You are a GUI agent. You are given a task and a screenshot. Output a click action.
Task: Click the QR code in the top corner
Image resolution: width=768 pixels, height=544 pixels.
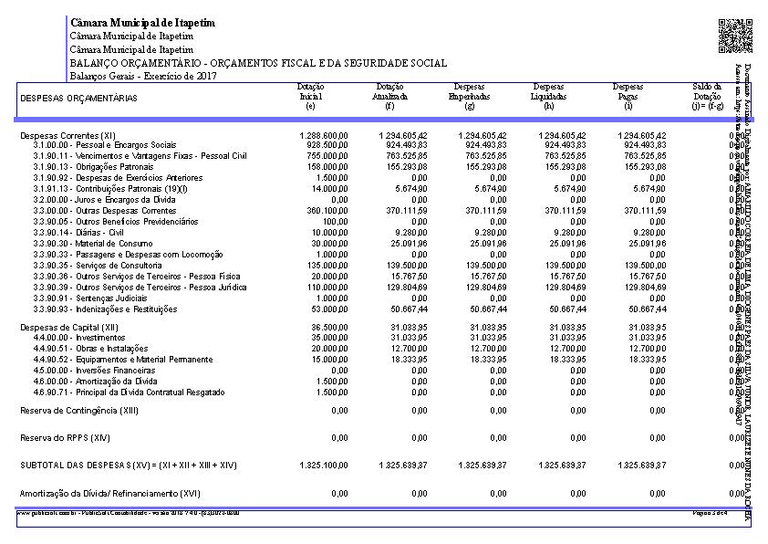(735, 36)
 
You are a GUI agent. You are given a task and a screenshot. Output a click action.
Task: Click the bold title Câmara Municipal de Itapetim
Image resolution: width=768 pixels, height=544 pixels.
(142, 23)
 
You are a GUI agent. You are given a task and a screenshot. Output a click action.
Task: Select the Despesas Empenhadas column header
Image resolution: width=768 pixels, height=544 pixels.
(470, 95)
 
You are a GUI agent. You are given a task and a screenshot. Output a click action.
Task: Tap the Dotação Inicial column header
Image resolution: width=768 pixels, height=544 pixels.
(311, 95)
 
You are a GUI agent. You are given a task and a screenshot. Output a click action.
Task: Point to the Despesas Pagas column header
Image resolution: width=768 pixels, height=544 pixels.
(628, 95)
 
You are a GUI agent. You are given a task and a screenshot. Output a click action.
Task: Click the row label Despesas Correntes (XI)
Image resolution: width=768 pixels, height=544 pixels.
(67, 135)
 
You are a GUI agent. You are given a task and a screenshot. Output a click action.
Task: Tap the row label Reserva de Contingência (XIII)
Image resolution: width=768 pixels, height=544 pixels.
(79, 411)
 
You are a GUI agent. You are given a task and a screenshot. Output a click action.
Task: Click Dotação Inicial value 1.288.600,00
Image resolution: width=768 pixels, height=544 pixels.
(324, 135)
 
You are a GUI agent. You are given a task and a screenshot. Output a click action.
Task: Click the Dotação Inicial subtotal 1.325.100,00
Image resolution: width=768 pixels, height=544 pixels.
(324, 466)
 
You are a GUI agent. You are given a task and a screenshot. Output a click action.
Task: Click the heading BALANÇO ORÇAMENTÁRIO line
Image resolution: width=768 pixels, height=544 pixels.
(258, 63)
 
